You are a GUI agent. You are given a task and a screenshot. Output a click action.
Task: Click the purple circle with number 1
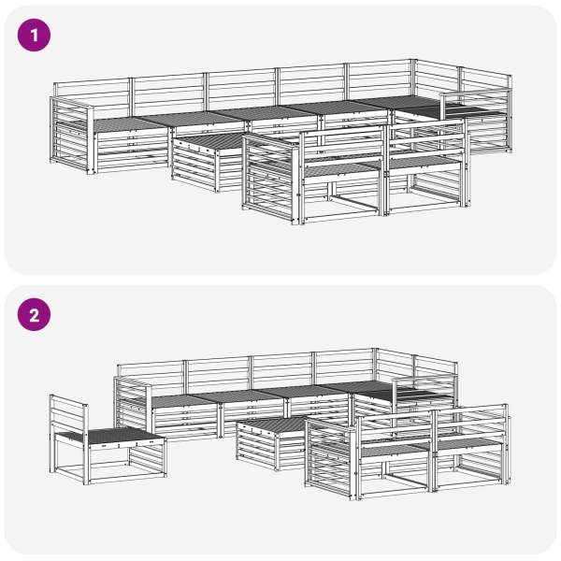pyautogui.click(x=34, y=36)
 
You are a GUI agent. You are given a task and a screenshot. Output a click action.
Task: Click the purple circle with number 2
pyautogui.click(x=34, y=315)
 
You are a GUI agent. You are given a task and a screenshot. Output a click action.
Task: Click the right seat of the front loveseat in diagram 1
pyautogui.click(x=423, y=162)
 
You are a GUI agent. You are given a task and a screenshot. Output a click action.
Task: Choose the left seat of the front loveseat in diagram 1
pyautogui.click(x=340, y=169)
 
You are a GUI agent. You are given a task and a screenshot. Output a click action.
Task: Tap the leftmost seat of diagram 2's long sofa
pyautogui.click(x=183, y=401)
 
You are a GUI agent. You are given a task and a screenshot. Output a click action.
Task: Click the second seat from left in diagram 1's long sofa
pyautogui.click(x=192, y=119)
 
